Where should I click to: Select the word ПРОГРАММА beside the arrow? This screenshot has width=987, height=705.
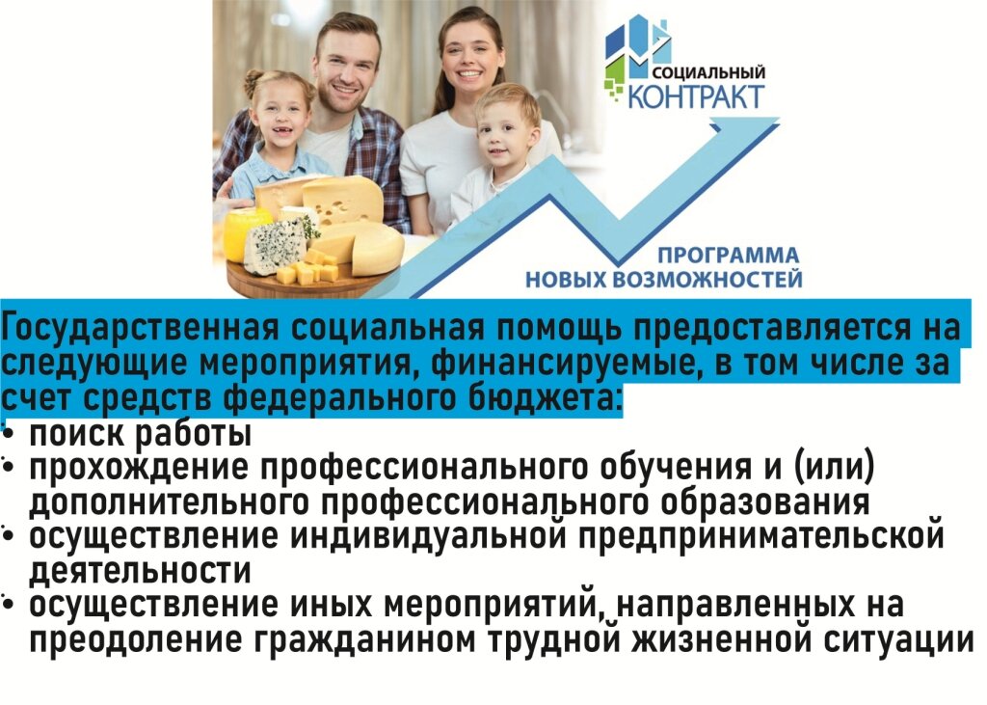coord(728,257)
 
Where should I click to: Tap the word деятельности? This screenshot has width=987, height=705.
coord(140,571)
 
